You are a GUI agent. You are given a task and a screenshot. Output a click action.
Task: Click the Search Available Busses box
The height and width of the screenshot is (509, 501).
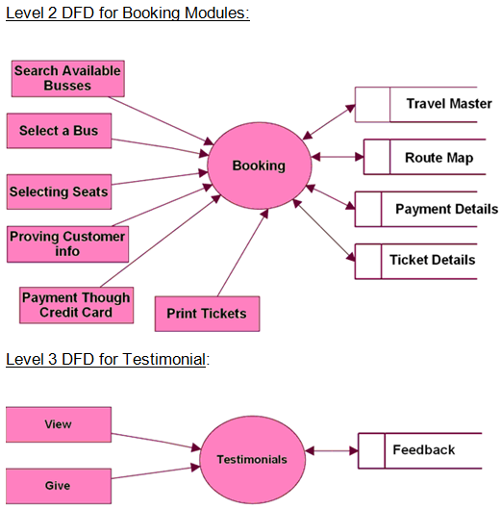click(68, 79)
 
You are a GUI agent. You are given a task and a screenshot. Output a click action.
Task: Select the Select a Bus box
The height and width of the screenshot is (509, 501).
click(59, 131)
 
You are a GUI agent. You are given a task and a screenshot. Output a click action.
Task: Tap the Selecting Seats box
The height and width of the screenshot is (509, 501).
click(59, 191)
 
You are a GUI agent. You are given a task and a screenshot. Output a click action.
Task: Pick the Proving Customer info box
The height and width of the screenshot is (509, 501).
click(68, 244)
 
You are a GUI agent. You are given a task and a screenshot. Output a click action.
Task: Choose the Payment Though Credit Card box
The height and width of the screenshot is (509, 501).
click(76, 305)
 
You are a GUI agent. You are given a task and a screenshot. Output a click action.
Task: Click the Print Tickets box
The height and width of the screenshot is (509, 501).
click(207, 314)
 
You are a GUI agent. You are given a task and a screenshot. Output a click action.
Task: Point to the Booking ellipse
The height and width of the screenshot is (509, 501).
click(260, 165)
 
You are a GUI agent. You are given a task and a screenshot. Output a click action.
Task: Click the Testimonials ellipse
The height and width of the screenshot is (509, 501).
click(252, 459)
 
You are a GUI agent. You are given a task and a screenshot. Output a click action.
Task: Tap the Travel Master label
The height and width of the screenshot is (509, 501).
click(449, 104)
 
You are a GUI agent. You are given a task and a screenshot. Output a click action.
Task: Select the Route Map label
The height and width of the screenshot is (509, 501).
click(439, 158)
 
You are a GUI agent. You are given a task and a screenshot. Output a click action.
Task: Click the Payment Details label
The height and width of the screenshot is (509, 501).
click(446, 209)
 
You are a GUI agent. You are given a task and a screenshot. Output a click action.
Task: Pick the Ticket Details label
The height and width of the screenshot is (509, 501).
click(432, 260)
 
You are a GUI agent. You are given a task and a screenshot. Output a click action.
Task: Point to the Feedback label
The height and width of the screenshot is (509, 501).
click(424, 450)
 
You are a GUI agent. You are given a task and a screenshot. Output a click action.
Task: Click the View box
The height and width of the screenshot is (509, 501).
click(59, 424)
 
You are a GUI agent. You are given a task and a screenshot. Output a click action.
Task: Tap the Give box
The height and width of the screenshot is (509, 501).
click(59, 486)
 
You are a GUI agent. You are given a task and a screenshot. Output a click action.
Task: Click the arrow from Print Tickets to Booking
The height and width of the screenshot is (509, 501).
click(242, 252)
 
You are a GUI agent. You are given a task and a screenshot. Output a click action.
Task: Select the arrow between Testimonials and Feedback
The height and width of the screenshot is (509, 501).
click(332, 451)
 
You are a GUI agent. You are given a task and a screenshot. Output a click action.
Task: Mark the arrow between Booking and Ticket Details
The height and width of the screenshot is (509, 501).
click(324, 230)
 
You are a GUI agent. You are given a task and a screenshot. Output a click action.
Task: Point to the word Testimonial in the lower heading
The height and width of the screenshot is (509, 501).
click(163, 359)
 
